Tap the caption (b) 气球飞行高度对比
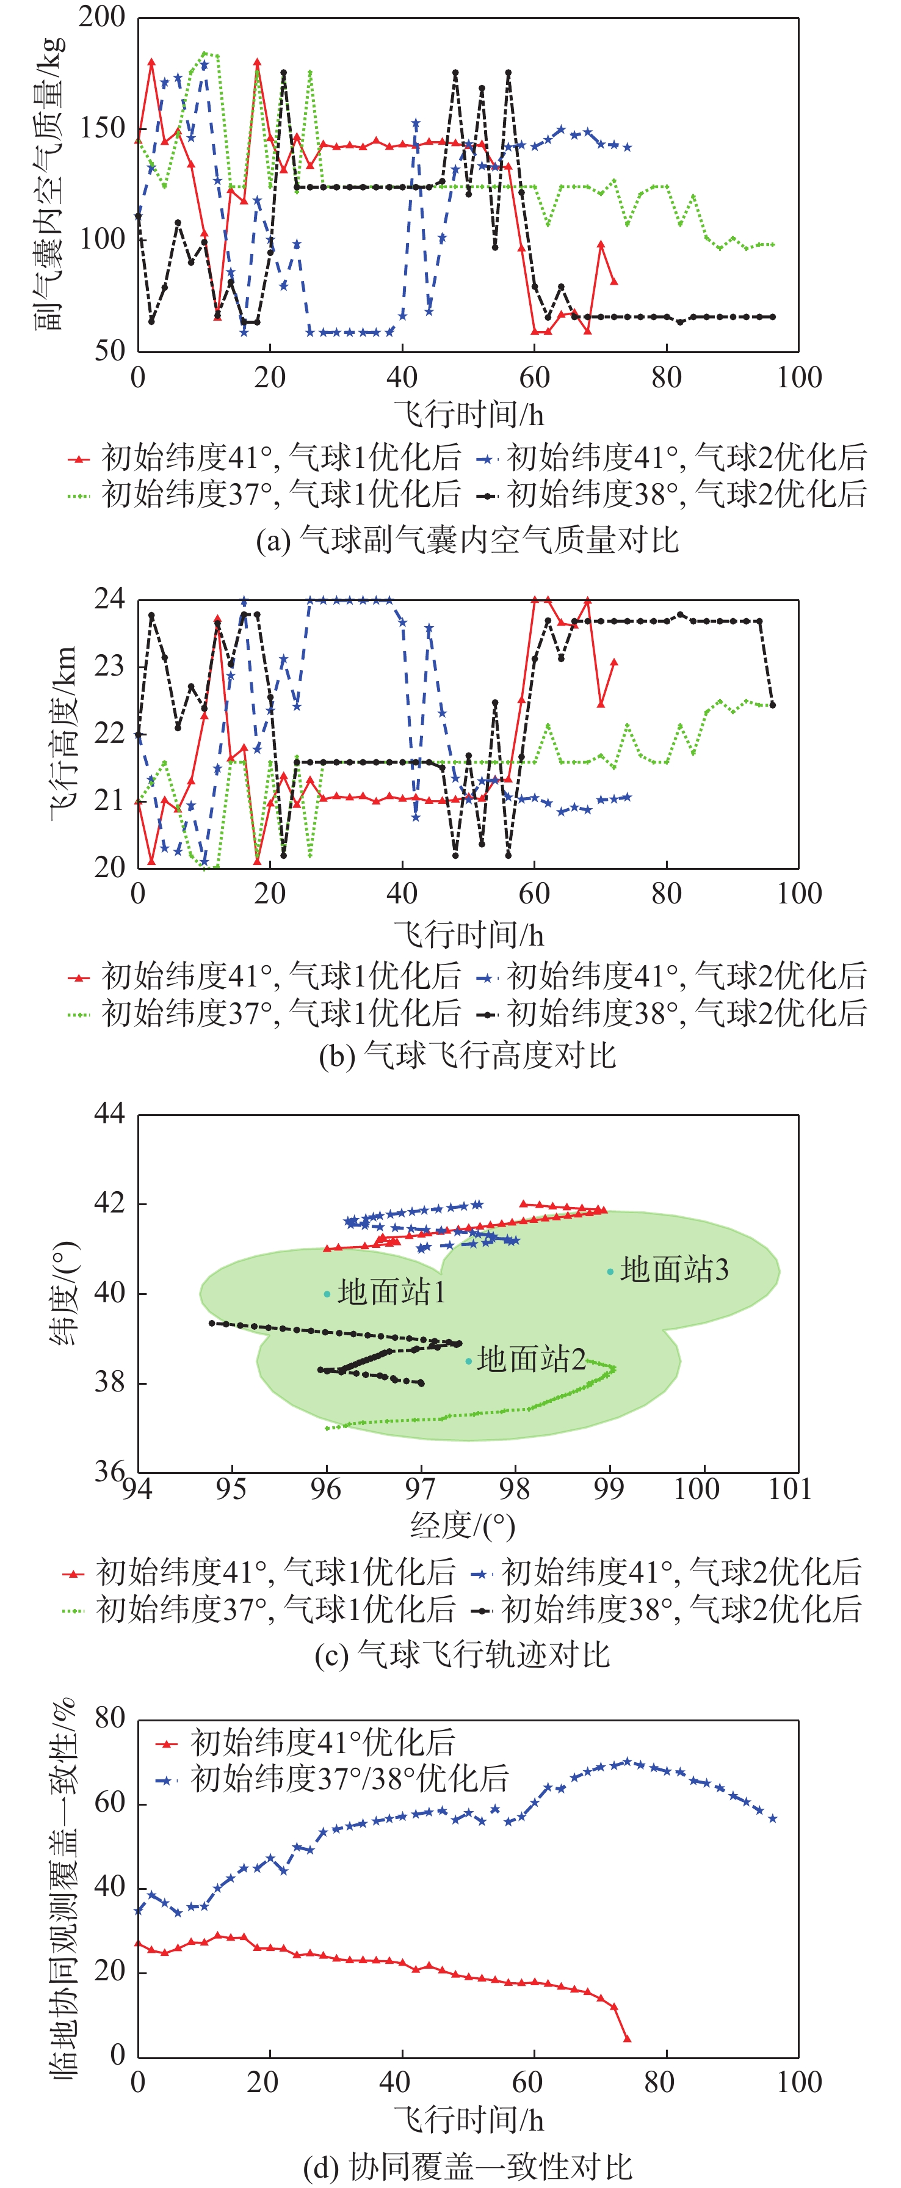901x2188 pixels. click(x=467, y=1055)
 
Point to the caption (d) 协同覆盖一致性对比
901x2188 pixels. click(x=467, y=2167)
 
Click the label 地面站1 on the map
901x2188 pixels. click(x=391, y=1293)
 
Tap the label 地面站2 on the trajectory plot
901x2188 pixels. click(x=530, y=1359)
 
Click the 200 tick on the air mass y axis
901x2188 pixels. click(x=102, y=17)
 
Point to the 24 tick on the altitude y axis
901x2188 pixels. click(x=109, y=600)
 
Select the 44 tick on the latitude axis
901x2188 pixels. click(x=109, y=1113)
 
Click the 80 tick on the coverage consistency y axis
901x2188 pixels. click(x=110, y=1718)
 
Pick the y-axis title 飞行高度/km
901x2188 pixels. click(x=63, y=732)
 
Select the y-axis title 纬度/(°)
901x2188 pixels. click(x=63, y=1293)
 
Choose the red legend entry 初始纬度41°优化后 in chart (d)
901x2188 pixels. click(x=323, y=1743)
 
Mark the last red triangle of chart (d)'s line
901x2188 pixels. click(x=628, y=2038)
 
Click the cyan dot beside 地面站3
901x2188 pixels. click(x=610, y=1272)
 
